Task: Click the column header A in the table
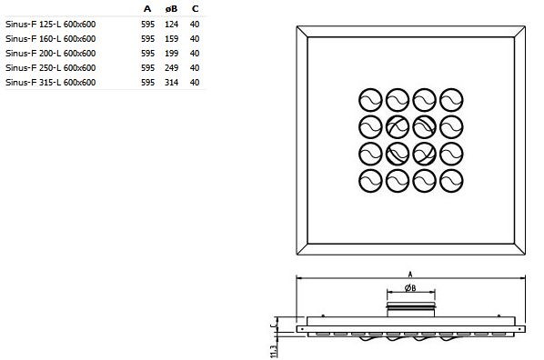click(x=147, y=9)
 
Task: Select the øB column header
click(x=171, y=9)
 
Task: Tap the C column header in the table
click(x=196, y=9)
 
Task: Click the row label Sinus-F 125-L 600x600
click(x=51, y=25)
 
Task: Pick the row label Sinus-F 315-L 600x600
click(x=51, y=83)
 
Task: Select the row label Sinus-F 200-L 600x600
click(x=51, y=54)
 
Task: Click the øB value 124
click(x=172, y=25)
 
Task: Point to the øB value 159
click(x=172, y=39)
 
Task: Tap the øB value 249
click(x=172, y=68)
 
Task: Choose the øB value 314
click(x=172, y=83)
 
